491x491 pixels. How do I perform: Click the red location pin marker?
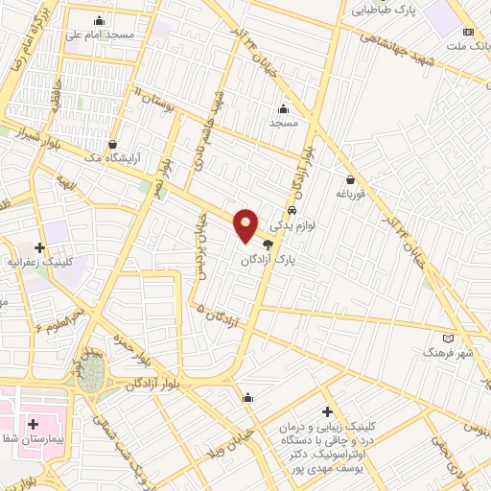(246, 224)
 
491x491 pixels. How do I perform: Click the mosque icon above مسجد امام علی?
(100, 21)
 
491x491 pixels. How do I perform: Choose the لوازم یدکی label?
(288, 225)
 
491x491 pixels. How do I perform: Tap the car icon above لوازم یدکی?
(292, 211)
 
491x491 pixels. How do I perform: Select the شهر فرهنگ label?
(449, 353)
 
